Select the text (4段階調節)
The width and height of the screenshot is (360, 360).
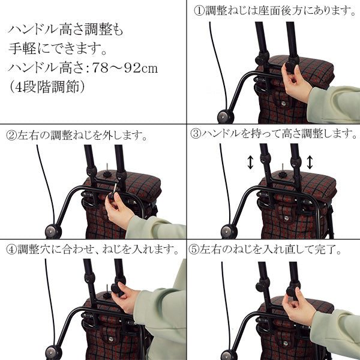click(49, 86)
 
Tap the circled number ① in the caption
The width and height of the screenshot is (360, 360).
click(199, 11)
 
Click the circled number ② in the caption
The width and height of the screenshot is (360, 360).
click(11, 135)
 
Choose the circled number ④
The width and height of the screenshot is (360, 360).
click(11, 248)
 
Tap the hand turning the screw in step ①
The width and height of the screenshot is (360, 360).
click(295, 84)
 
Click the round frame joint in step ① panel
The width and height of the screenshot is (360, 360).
click(226, 116)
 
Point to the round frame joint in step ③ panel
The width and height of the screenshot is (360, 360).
click(227, 231)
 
